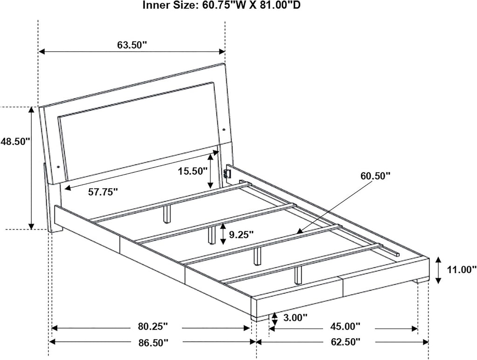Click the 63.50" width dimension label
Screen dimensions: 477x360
[132, 45]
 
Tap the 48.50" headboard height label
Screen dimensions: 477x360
[15, 142]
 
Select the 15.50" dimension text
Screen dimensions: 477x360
[193, 171]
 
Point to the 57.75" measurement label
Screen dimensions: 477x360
[103, 192]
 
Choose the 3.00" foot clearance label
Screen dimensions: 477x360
[295, 318]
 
